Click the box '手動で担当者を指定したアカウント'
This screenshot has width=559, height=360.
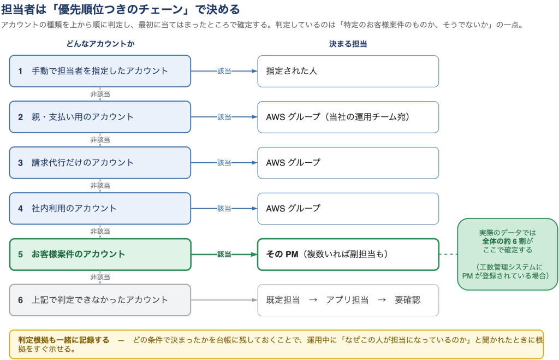click(x=100, y=71)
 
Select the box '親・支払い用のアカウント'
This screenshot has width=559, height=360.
click(x=100, y=117)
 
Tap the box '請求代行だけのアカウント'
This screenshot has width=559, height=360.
click(x=100, y=163)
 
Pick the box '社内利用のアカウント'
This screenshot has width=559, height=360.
click(x=100, y=208)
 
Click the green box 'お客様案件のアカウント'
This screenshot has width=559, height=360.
click(x=100, y=255)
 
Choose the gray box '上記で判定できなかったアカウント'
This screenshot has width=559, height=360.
click(x=100, y=300)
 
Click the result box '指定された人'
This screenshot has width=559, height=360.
click(x=348, y=71)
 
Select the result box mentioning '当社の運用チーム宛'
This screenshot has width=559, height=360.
click(x=348, y=117)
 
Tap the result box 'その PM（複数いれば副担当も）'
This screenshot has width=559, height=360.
click(x=348, y=255)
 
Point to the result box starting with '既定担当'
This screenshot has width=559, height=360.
click(x=348, y=300)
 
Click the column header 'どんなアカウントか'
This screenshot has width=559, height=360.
click(x=100, y=44)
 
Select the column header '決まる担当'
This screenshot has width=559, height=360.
click(x=348, y=44)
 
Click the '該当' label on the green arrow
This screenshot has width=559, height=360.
click(x=224, y=255)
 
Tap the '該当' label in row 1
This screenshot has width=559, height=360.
click(x=224, y=71)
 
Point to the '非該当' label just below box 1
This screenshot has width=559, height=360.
click(x=100, y=94)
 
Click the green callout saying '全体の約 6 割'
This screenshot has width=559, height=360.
click(x=508, y=254)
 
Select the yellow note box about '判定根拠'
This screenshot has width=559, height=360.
click(x=276, y=344)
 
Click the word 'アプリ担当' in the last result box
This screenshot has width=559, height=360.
click(x=347, y=300)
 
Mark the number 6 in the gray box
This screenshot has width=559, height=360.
click(x=20, y=300)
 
